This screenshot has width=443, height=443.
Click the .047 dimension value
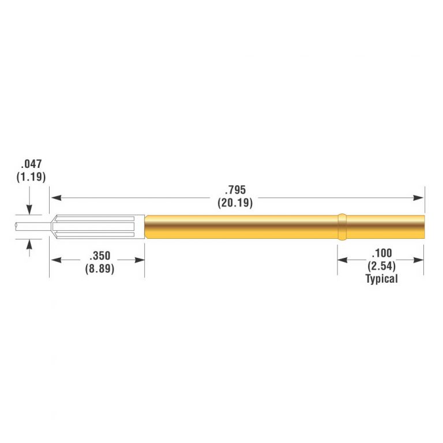pos(31,164)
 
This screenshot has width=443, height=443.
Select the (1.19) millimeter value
pos(31,177)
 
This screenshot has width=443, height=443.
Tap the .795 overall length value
pos(235,190)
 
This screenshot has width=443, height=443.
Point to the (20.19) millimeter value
pos(235,202)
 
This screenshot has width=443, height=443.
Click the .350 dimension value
pos(100,256)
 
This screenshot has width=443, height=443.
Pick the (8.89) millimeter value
pos(100,269)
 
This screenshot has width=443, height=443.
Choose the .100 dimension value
pos(382,253)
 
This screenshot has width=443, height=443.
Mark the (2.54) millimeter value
pos(381,266)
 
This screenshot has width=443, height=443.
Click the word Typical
pos(382,279)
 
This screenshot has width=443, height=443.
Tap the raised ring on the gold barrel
pos(342,227)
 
